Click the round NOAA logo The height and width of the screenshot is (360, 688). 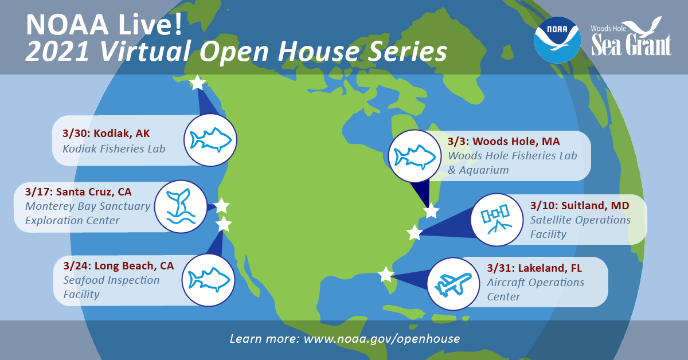[557, 40]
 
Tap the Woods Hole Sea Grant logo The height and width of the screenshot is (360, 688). [631, 38]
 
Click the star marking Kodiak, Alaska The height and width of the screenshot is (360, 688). [197, 83]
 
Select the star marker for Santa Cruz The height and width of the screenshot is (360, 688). [221, 206]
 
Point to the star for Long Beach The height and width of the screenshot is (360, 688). [224, 224]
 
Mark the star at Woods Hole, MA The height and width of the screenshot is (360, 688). [431, 212]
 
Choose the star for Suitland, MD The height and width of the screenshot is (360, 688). [414, 233]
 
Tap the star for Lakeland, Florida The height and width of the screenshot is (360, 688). [386, 275]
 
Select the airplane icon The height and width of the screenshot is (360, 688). [453, 284]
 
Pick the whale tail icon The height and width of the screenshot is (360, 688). [181, 206]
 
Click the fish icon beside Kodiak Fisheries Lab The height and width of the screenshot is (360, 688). [211, 140]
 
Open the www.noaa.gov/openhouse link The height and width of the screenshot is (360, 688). [382, 339]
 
